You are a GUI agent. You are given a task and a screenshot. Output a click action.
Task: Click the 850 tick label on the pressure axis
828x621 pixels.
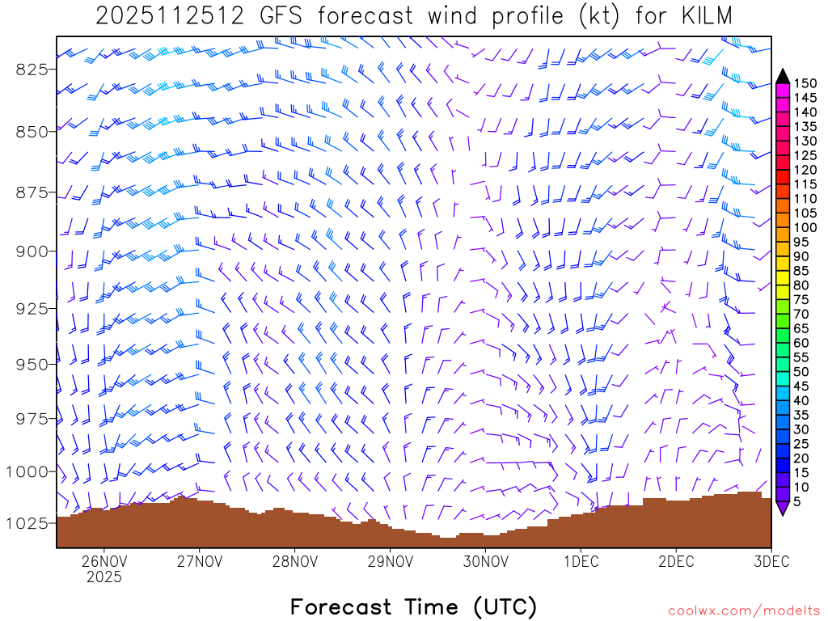tap(32, 131)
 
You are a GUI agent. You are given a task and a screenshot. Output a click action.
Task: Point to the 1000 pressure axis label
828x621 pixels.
tap(28, 471)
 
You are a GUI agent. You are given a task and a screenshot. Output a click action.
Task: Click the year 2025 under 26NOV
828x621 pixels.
tap(103, 577)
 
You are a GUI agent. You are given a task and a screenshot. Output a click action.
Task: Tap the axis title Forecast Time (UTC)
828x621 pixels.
tap(413, 606)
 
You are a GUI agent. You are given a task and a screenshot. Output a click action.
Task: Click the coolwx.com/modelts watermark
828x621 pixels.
tap(743, 611)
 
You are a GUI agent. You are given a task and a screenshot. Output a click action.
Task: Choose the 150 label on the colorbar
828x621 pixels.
tap(805, 83)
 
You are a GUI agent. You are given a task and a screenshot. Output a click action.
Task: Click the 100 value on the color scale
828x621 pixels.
tap(805, 227)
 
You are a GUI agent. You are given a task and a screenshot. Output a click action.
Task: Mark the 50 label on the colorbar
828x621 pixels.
tap(801, 371)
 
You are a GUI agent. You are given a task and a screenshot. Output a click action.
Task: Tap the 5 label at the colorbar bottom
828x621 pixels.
tap(798, 501)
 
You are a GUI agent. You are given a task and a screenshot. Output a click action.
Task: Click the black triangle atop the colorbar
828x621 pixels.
tap(783, 76)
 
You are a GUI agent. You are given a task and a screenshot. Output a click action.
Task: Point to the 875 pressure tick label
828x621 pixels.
tap(32, 192)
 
